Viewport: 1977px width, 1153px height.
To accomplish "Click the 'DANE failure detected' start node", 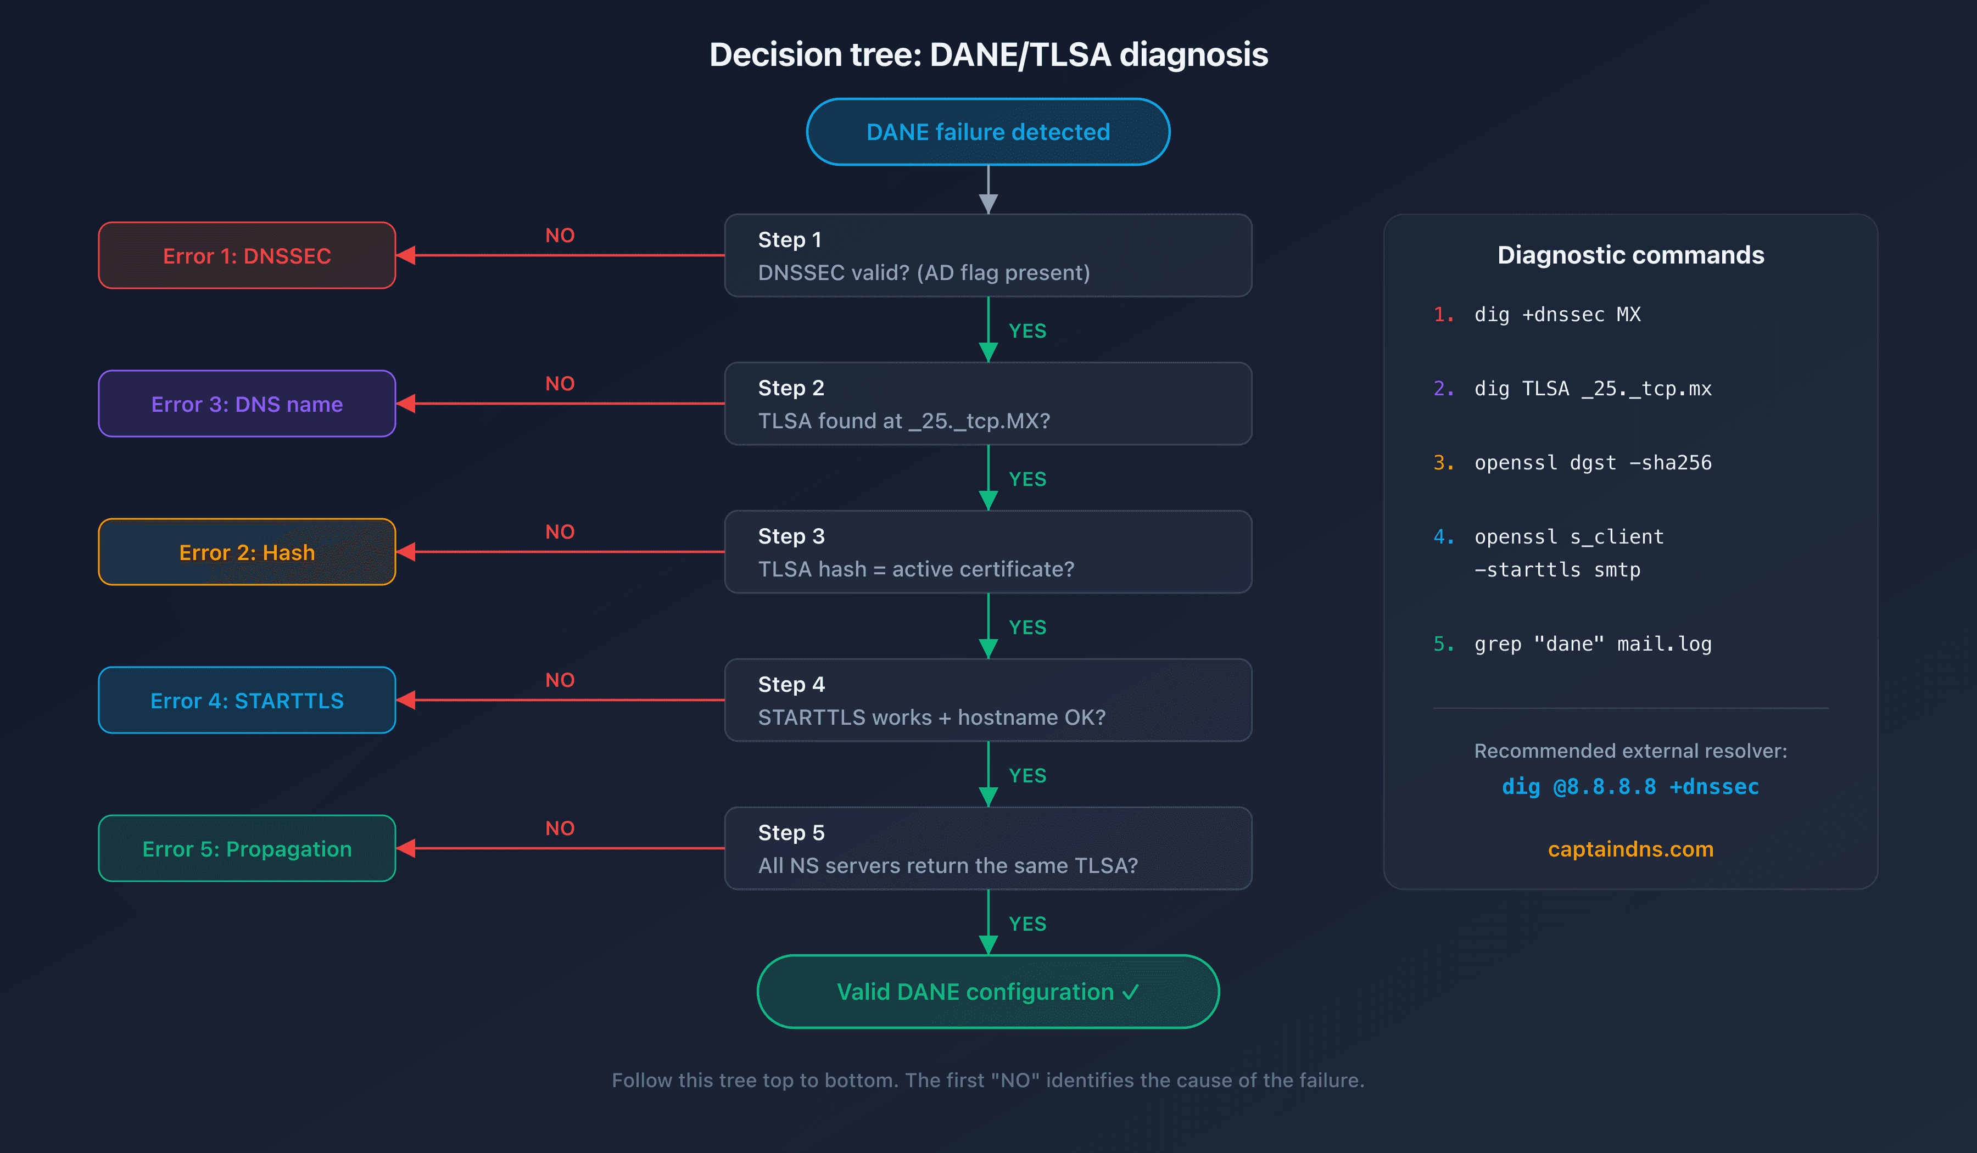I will click(x=988, y=132).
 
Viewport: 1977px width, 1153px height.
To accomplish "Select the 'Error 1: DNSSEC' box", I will click(x=247, y=256).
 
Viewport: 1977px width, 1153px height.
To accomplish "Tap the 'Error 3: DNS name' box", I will click(x=247, y=404).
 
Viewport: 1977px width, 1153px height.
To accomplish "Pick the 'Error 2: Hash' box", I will click(x=247, y=552).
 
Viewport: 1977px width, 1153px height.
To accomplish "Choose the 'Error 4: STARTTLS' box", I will click(x=247, y=701).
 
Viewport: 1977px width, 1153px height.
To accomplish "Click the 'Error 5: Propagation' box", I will click(x=247, y=849).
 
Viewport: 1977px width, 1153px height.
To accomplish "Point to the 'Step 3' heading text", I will click(x=791, y=536).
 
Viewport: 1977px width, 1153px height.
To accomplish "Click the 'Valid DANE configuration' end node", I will click(x=988, y=992).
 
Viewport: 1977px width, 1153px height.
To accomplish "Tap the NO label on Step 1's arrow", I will click(x=560, y=236).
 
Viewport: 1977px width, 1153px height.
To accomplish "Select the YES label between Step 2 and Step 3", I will click(x=1027, y=479).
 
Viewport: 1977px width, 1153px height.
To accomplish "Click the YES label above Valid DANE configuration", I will click(x=1027, y=924).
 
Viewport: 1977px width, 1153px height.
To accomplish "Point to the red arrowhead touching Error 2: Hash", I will click(x=406, y=552).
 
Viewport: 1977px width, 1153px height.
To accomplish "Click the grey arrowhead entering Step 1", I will click(x=988, y=204).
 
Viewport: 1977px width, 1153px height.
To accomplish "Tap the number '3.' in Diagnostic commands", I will click(x=1444, y=463).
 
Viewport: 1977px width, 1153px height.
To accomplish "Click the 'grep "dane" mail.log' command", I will click(x=1593, y=644).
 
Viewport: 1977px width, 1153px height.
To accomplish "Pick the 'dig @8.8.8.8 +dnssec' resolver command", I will click(x=1630, y=787).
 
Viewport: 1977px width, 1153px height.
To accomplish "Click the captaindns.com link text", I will click(x=1630, y=849).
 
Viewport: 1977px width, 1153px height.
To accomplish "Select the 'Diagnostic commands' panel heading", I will click(x=1630, y=255).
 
